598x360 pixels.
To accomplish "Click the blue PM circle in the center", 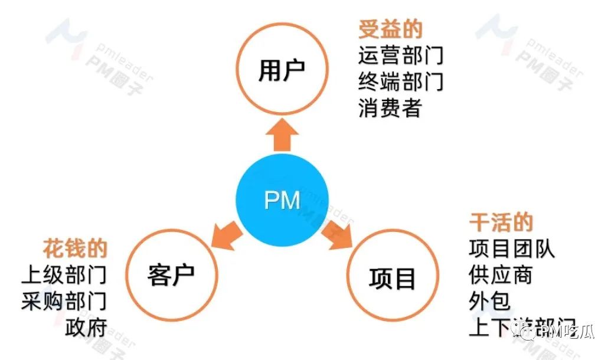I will [282, 201].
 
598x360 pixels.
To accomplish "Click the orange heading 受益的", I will [390, 30].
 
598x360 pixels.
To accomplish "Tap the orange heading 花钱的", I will [75, 248].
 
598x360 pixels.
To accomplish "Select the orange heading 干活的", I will [501, 222].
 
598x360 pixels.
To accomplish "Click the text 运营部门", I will [401, 55].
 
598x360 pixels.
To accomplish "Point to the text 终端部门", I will [401, 81].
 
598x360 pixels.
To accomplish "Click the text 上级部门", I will [64, 275].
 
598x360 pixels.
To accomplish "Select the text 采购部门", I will [64, 301].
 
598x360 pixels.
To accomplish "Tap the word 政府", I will [86, 327].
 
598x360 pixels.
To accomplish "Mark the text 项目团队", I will [512, 248].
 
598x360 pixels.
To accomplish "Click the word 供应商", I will [501, 275].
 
